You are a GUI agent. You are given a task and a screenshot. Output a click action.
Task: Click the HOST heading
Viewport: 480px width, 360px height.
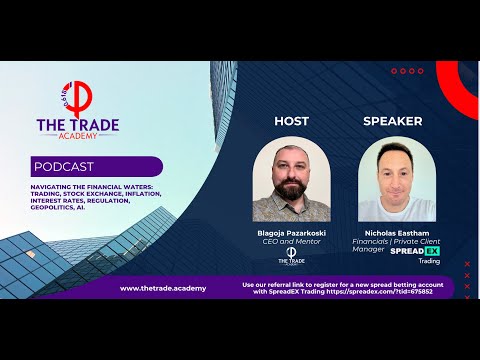(x=291, y=121)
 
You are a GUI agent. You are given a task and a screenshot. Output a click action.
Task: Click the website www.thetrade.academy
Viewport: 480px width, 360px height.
(x=163, y=288)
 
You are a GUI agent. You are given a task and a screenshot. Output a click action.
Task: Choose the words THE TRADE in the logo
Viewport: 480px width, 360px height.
(x=77, y=125)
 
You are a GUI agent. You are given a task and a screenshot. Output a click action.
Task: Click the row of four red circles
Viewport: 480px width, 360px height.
(x=407, y=71)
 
